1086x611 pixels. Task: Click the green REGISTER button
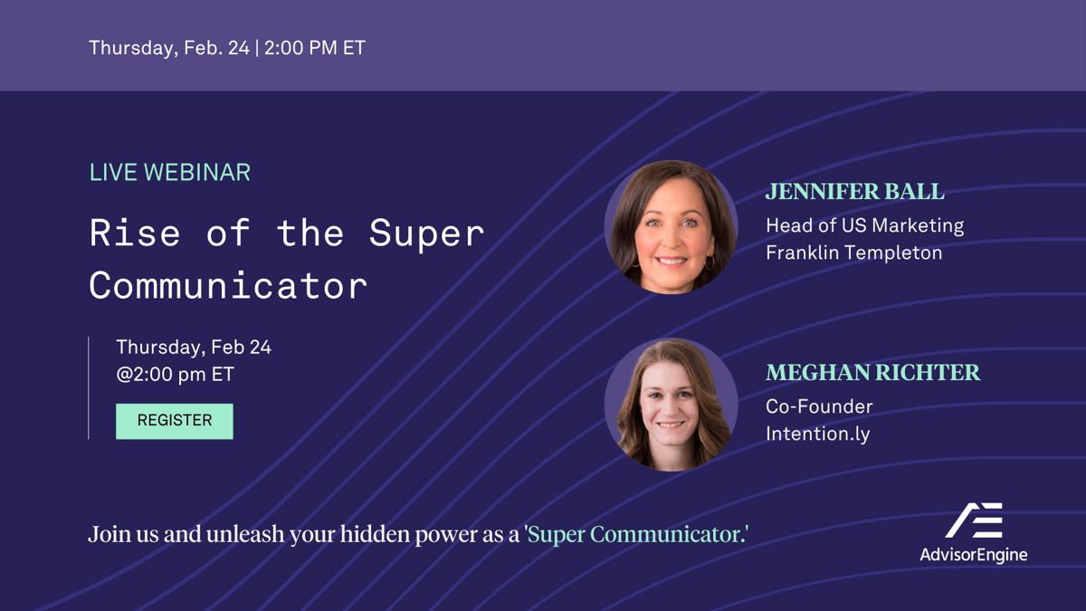175,421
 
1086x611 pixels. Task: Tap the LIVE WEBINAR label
170,172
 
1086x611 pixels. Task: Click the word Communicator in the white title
228,286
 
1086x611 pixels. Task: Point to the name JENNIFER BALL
854,192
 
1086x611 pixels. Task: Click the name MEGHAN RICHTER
872,372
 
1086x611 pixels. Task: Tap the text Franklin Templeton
853,253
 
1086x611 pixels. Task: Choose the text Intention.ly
817,434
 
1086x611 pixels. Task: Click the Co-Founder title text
819,406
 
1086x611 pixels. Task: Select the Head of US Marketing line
864,225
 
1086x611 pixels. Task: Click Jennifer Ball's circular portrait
671,227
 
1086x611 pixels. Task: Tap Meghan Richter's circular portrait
671,405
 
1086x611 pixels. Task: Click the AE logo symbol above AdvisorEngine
974,520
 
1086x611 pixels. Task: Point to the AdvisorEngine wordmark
974,555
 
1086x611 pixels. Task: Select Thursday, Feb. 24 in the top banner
168,48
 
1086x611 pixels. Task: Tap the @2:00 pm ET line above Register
175,374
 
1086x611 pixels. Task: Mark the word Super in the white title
426,234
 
